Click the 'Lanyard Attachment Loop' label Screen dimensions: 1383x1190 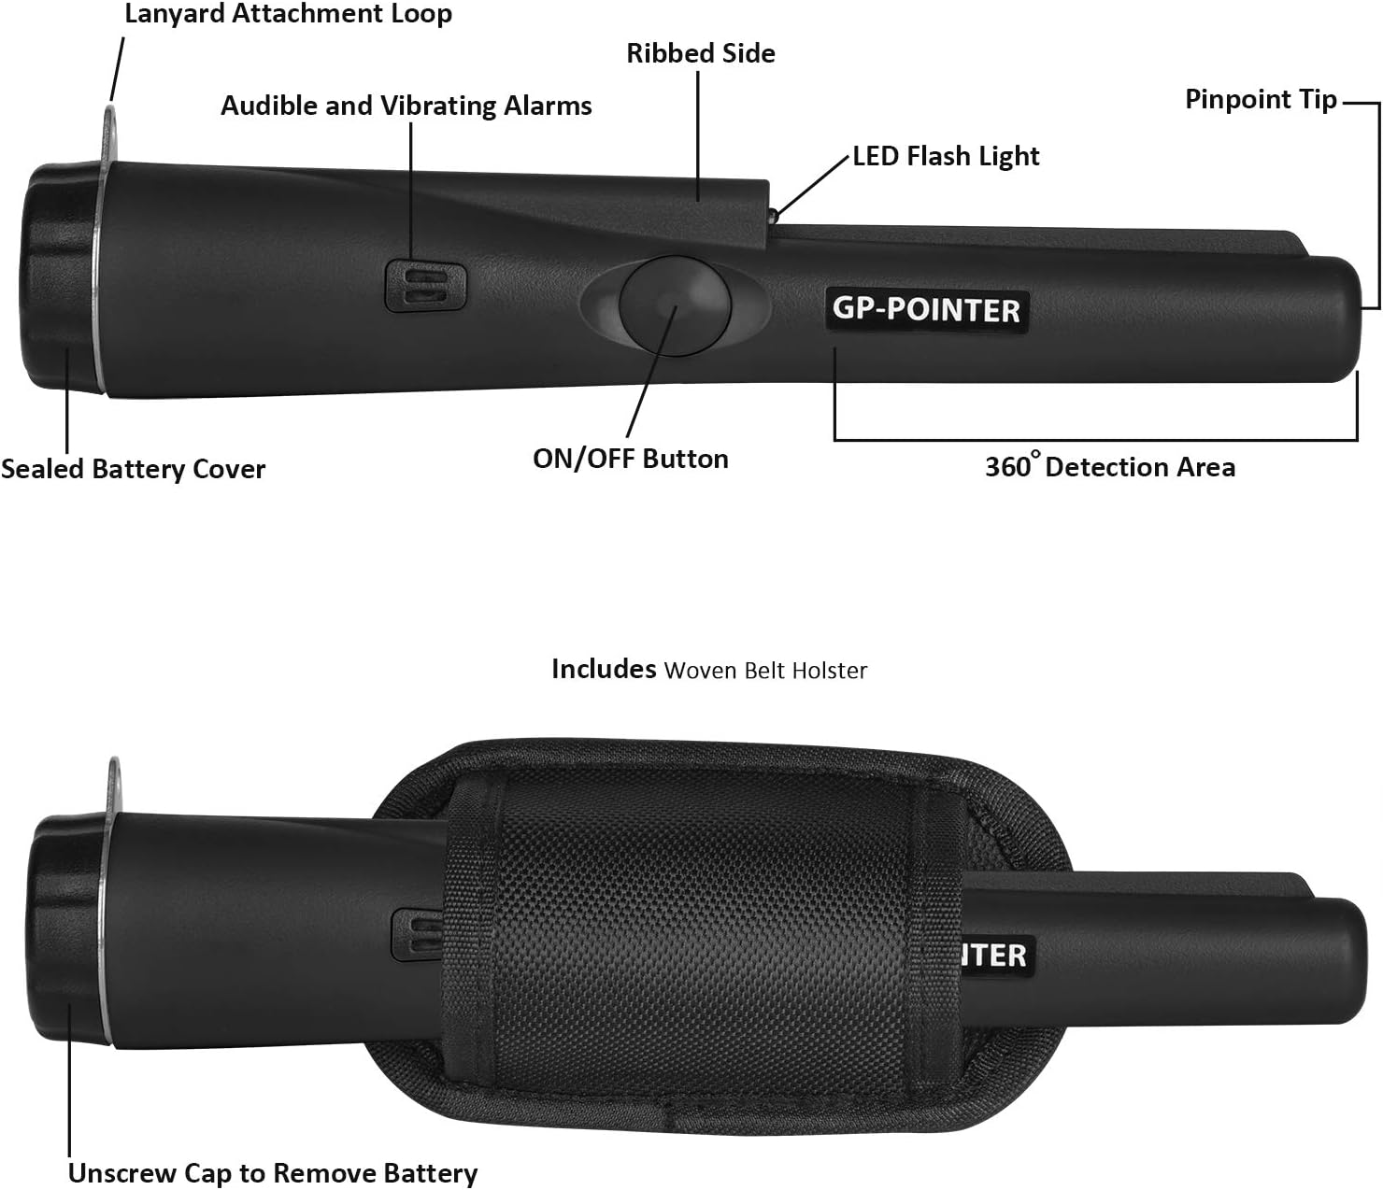coord(289,13)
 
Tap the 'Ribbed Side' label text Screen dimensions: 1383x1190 coord(701,53)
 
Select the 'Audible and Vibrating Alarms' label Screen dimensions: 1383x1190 coord(406,106)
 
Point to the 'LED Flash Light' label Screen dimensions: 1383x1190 coord(946,157)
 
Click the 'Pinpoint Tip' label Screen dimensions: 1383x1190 coord(1261,100)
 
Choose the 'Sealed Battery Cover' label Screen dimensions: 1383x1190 coord(133,469)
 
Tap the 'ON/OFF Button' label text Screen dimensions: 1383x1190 coord(630,459)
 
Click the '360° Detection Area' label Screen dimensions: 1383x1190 coord(1110,465)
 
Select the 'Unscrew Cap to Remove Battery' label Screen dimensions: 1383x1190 coord(273,1173)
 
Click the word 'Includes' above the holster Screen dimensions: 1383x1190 coord(604,669)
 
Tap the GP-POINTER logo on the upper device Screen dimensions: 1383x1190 coord(927,310)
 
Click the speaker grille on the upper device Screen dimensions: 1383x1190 coord(425,286)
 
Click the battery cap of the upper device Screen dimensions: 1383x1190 coord(60,276)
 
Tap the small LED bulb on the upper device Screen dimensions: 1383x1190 coord(773,216)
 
